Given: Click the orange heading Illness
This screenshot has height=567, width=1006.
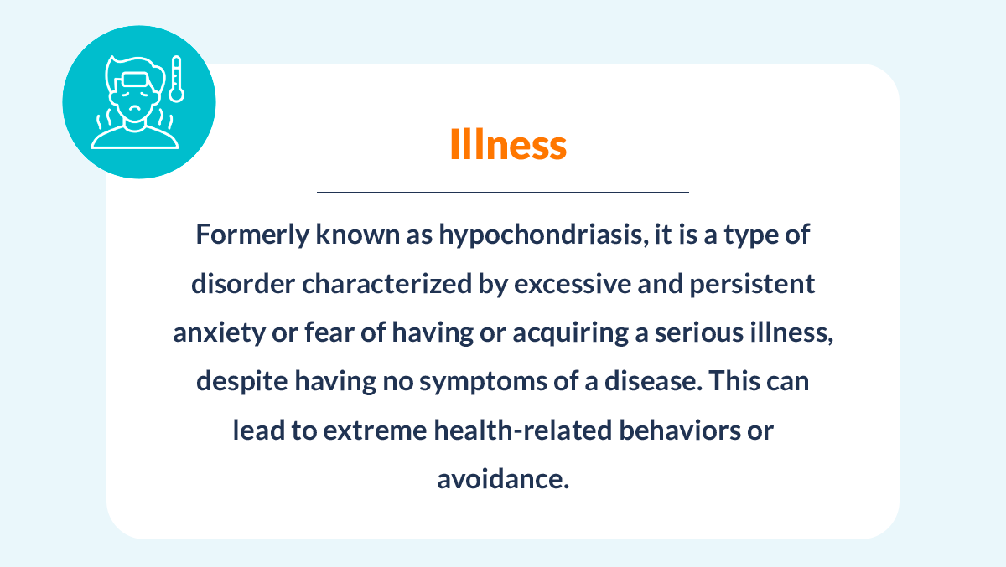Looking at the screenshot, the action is pyautogui.click(x=508, y=144).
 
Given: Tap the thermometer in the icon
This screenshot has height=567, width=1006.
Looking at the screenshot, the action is pyautogui.click(x=177, y=79).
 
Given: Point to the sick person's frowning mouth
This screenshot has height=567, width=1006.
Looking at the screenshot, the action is pyautogui.click(x=134, y=108).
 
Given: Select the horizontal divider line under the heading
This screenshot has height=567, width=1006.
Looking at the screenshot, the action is pyautogui.click(x=503, y=193).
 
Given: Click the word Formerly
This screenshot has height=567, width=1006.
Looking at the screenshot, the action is pyautogui.click(x=252, y=235).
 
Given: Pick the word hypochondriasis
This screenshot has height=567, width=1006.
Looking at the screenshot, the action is pyautogui.click(x=543, y=235).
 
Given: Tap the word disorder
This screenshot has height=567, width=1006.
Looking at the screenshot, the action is pyautogui.click(x=243, y=284).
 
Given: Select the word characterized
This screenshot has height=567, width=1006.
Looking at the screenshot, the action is pyautogui.click(x=386, y=284).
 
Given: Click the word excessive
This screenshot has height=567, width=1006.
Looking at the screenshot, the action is pyautogui.click(x=573, y=284).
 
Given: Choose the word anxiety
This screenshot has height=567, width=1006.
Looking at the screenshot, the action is pyautogui.click(x=219, y=333).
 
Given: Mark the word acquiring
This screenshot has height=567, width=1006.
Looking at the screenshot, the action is pyautogui.click(x=570, y=333).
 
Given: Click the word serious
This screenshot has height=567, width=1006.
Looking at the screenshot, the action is pyautogui.click(x=699, y=332).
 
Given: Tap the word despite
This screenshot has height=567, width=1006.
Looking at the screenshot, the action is pyautogui.click(x=242, y=382).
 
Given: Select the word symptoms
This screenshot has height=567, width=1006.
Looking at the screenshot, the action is pyautogui.click(x=483, y=382).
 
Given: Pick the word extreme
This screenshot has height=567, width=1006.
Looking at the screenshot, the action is pyautogui.click(x=375, y=430).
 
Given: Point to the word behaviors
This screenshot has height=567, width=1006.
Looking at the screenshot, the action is pyautogui.click(x=680, y=430).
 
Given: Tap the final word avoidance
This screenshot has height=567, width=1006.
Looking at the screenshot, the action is pyautogui.click(x=503, y=478).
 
